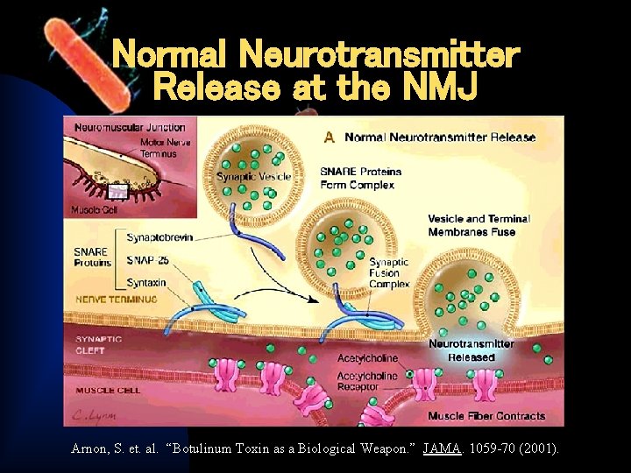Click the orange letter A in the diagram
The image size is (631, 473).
[x=330, y=138]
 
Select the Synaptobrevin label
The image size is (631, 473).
[x=160, y=236]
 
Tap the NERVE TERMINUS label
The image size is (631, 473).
[x=117, y=300]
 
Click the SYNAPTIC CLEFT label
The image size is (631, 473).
[x=99, y=344]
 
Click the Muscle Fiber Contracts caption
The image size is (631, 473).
[x=486, y=416]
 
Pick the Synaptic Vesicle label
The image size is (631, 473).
[x=254, y=176]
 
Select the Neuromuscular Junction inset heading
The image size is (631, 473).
[x=131, y=128]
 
